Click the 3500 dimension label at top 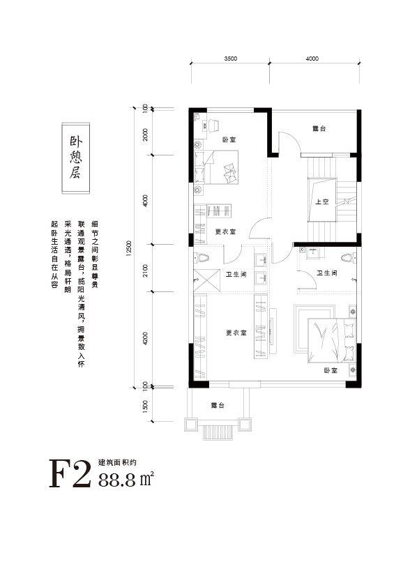point(230,59)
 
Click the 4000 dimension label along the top point(312,59)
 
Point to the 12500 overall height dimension point(130,248)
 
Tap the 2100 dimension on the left point(145,268)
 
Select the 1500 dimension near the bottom point(145,406)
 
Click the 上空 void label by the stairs point(322,201)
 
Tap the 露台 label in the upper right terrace point(319,128)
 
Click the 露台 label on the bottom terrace point(218,405)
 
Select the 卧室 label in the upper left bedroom point(229,139)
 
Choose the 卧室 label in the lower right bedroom point(331,369)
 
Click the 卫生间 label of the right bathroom point(327,273)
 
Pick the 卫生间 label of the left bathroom point(236,275)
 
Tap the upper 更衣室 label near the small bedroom point(225,232)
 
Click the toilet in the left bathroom point(202,257)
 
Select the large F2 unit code point(70,473)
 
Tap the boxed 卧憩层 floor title point(76,158)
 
